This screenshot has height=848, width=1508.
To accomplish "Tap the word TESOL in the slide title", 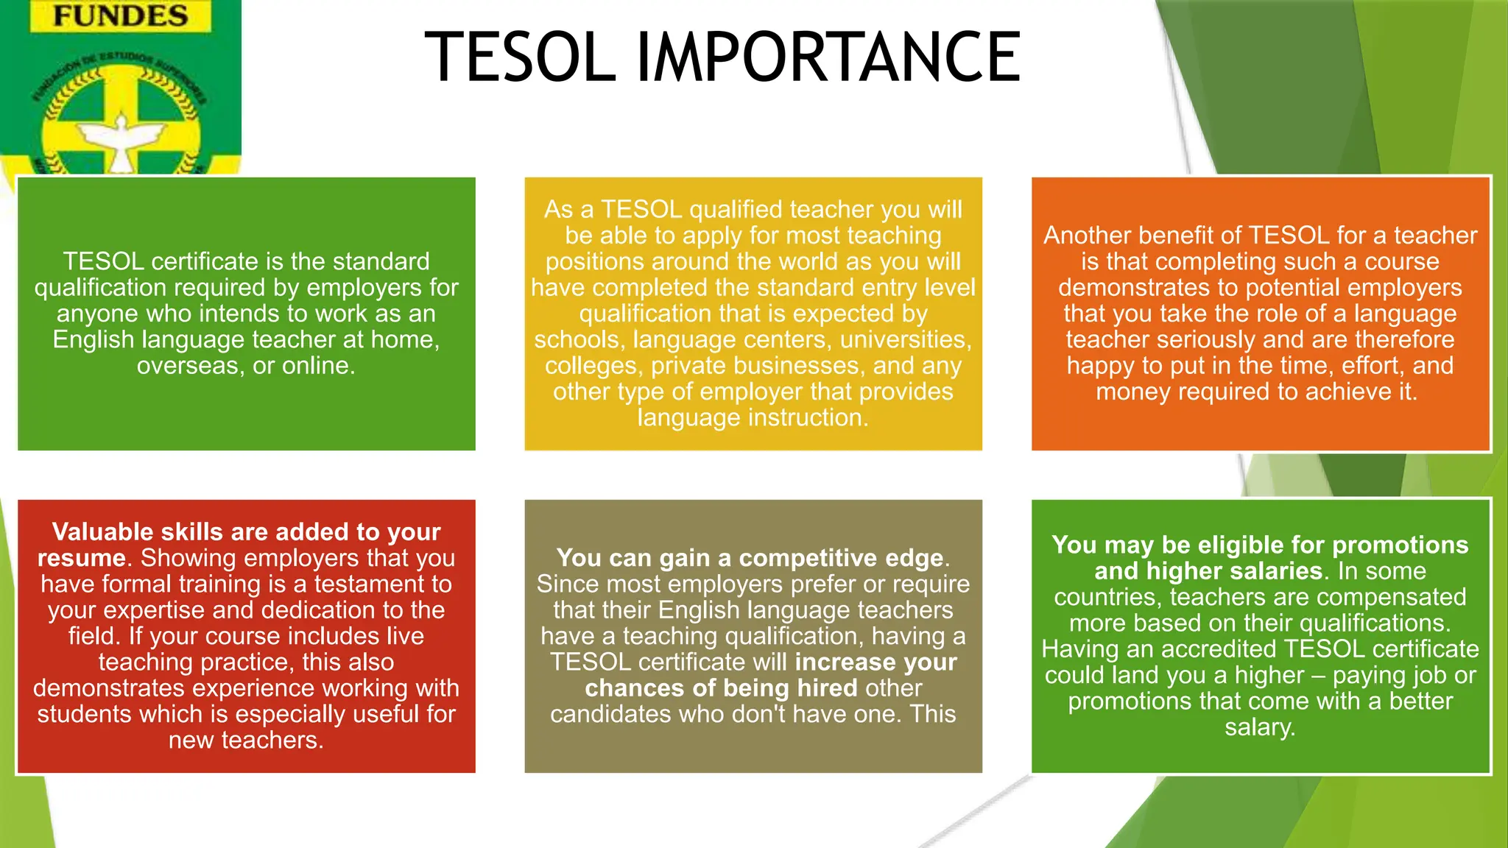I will click(x=520, y=57).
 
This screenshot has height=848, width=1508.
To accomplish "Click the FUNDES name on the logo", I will click(x=121, y=16).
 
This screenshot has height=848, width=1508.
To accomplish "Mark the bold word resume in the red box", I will click(x=82, y=558).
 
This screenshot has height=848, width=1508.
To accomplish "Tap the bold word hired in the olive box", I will click(x=827, y=688).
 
